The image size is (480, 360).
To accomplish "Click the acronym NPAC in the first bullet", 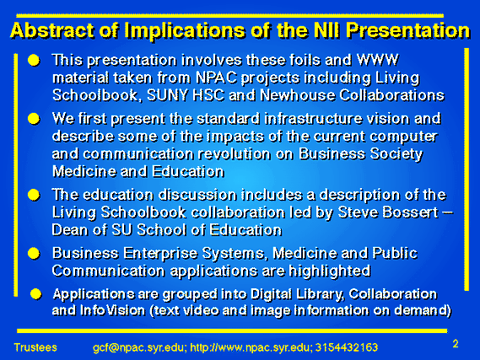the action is pyautogui.click(x=216, y=78).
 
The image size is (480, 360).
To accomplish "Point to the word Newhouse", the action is pyautogui.click(x=297, y=95).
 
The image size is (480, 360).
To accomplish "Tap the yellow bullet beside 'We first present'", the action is pyautogui.click(x=34, y=119).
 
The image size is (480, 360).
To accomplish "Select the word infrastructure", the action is pyautogui.click(x=313, y=119).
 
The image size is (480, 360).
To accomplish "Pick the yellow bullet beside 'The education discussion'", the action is pyautogui.click(x=34, y=195).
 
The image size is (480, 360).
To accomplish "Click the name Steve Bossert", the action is pyautogui.click(x=388, y=212).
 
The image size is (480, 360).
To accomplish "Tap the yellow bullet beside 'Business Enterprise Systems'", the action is pyautogui.click(x=34, y=254).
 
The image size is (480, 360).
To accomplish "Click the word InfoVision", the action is pyautogui.click(x=112, y=310).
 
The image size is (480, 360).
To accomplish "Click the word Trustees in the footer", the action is pyautogui.click(x=35, y=347).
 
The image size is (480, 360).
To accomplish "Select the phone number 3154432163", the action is pyautogui.click(x=347, y=347).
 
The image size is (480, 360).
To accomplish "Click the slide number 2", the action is pyautogui.click(x=456, y=344).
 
